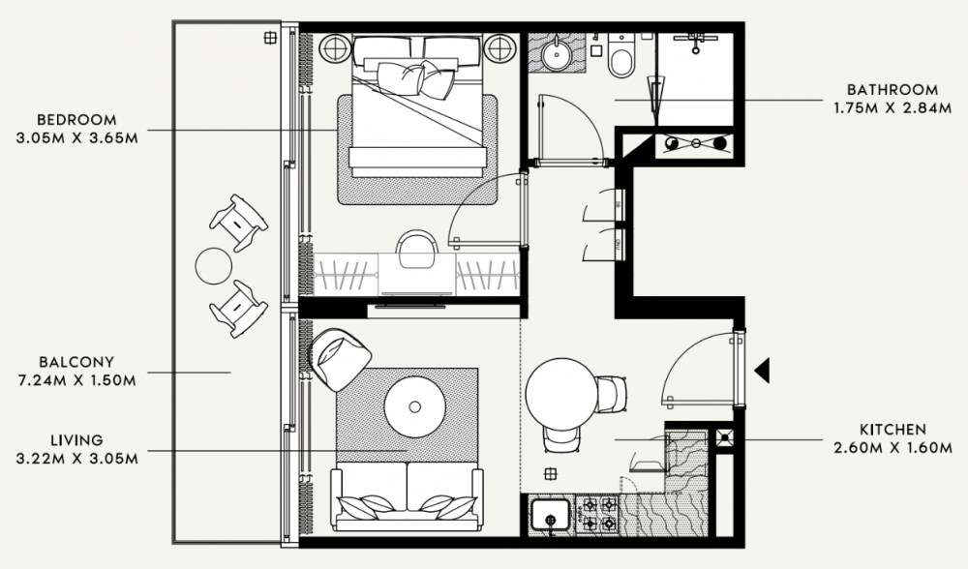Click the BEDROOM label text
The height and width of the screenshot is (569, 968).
(x=76, y=119)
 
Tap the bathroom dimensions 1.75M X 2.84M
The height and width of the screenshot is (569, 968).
(x=892, y=108)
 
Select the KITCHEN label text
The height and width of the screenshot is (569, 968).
(x=892, y=429)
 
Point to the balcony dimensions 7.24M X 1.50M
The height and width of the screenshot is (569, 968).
(x=77, y=380)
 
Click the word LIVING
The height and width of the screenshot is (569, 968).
(x=76, y=440)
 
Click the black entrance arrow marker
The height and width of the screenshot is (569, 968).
(x=763, y=371)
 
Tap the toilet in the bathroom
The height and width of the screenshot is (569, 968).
(x=620, y=55)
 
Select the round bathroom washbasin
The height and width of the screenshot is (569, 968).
(x=557, y=54)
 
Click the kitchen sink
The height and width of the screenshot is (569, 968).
(x=551, y=516)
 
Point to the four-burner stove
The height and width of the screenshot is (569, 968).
(x=595, y=514)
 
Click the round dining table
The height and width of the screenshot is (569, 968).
(x=561, y=395)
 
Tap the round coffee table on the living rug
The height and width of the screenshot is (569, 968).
(x=415, y=406)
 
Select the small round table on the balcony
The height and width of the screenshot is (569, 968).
(x=214, y=266)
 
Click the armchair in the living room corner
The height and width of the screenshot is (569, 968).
(x=339, y=359)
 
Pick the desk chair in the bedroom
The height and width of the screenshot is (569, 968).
(x=417, y=249)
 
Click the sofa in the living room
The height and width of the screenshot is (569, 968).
(x=408, y=495)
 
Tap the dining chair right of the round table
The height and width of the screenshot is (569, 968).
(x=611, y=395)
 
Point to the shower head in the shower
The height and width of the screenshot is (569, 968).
(x=696, y=42)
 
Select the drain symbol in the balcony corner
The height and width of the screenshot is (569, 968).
(x=270, y=39)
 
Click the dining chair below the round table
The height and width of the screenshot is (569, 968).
(x=561, y=438)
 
